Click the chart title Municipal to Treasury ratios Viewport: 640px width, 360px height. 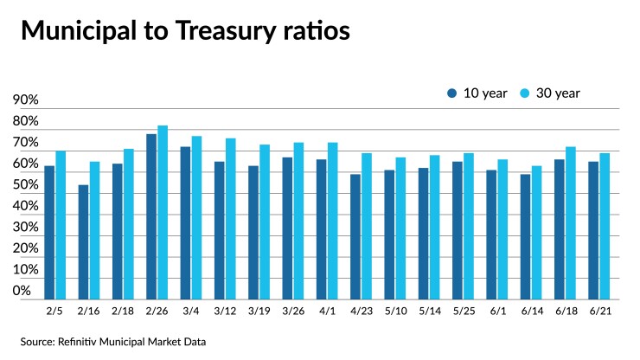pyautogui.click(x=185, y=31)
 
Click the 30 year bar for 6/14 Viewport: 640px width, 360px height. pyautogui.click(x=536, y=232)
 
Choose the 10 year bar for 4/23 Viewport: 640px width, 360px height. pyautogui.click(x=355, y=236)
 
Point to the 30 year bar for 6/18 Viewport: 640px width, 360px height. pyautogui.click(x=571, y=222)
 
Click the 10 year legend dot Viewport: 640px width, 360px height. pyautogui.click(x=451, y=93)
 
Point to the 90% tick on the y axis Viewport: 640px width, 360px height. pyautogui.click(x=27, y=100)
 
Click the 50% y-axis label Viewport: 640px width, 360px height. pyautogui.click(x=27, y=185)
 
